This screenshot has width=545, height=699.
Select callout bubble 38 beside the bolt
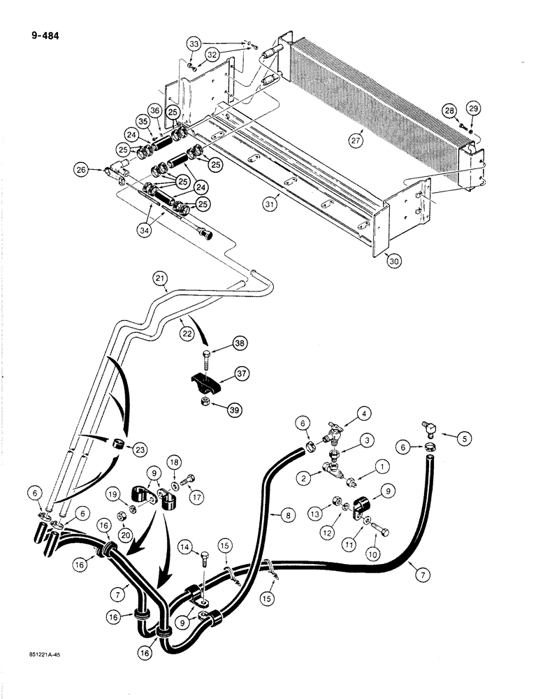[240, 343]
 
